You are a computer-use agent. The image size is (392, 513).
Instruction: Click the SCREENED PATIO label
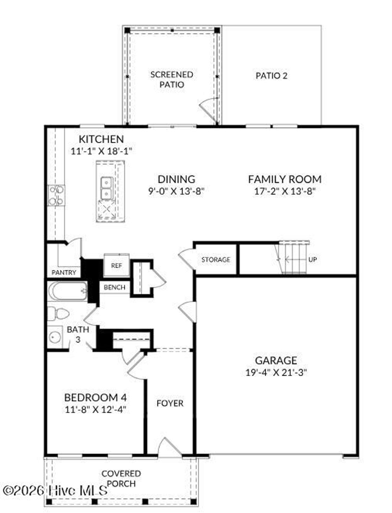(171, 79)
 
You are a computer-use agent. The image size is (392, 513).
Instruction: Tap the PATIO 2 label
(271, 76)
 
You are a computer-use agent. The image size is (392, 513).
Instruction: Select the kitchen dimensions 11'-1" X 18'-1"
(101, 151)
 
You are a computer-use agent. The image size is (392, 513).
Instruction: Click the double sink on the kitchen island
(106, 188)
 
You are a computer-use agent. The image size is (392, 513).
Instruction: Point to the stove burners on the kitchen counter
(56, 195)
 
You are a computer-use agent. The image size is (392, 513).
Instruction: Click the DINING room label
(176, 179)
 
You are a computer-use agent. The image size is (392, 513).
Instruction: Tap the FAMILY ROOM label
(284, 179)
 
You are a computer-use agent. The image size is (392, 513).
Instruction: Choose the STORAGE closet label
(216, 260)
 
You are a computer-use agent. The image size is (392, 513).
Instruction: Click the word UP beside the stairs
(313, 260)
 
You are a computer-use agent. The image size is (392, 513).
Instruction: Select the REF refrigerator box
(116, 265)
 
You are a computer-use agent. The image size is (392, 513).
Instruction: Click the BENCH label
(114, 287)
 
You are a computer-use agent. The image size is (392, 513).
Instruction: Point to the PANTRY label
(64, 273)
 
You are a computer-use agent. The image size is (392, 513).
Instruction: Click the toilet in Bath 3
(59, 314)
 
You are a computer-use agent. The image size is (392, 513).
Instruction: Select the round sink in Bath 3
(55, 337)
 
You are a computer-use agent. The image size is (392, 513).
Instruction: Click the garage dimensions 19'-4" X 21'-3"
(276, 372)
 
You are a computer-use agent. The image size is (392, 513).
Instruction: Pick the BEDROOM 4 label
(95, 397)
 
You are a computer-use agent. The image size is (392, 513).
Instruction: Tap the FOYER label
(170, 403)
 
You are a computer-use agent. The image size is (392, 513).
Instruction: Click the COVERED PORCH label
(121, 478)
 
